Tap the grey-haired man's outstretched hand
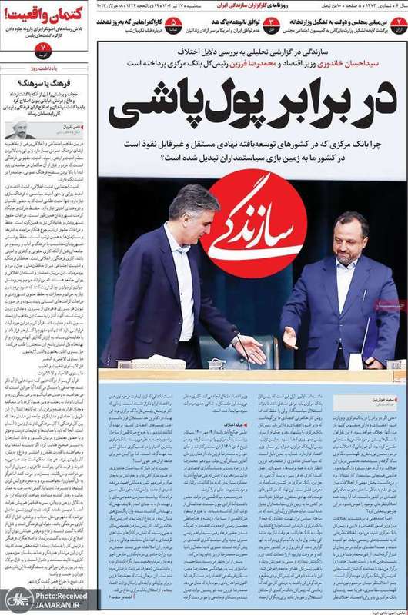point(249,350)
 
